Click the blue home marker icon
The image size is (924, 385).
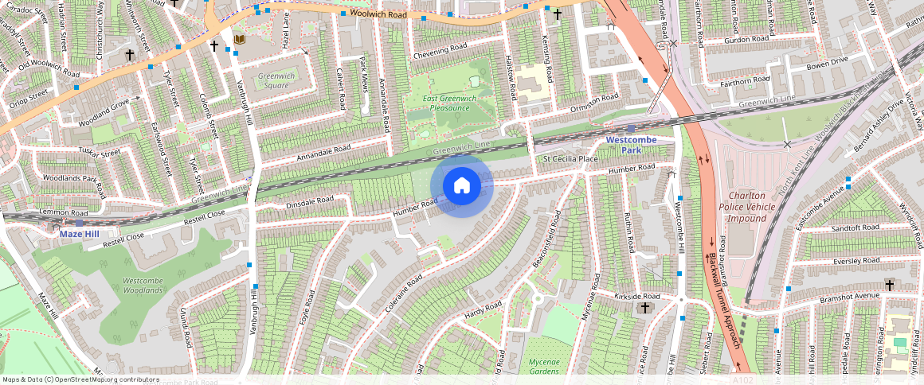(x=462, y=186)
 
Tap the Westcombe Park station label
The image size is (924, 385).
(x=630, y=145)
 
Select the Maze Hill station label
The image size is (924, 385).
(x=80, y=234)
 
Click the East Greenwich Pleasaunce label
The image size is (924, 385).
(x=450, y=104)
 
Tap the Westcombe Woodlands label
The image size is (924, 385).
(x=143, y=286)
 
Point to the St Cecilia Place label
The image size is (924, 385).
(x=570, y=159)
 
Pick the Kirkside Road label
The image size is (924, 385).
(x=638, y=296)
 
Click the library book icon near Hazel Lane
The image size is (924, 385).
(x=240, y=39)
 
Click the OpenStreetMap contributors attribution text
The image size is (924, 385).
(x=80, y=379)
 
